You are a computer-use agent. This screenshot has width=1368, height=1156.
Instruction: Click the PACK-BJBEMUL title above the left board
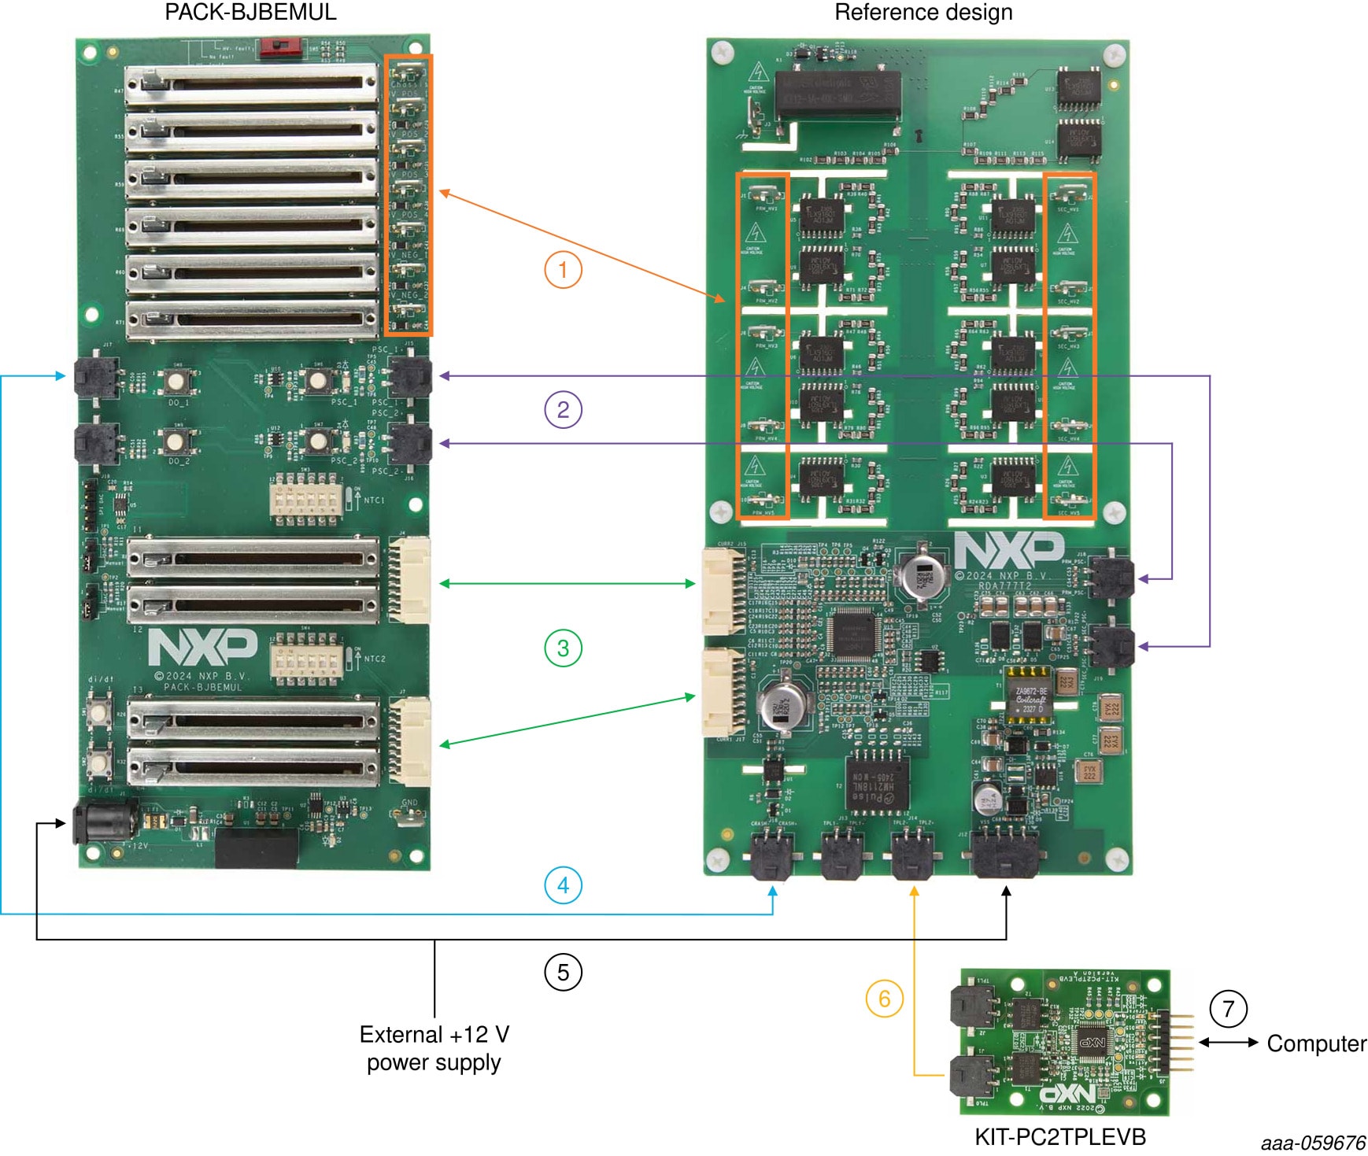[x=250, y=12]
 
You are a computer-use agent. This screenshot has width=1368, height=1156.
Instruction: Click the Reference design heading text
[x=922, y=12]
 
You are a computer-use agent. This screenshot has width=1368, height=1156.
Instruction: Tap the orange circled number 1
[x=563, y=270]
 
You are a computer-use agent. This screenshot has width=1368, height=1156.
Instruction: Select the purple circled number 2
[x=563, y=410]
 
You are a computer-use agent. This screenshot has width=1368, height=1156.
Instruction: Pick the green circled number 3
[x=563, y=648]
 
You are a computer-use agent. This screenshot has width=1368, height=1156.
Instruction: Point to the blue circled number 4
[x=563, y=885]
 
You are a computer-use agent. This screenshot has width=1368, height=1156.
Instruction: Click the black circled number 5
[x=563, y=973]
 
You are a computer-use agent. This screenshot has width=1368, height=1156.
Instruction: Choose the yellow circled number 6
[x=884, y=999]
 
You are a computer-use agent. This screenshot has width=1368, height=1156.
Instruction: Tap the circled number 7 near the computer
[x=1228, y=1009]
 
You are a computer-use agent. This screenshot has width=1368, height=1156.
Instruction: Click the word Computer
[x=1316, y=1043]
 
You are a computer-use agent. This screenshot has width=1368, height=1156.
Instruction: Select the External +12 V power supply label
[x=434, y=1048]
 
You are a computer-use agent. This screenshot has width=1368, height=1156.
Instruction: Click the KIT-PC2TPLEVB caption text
[x=1059, y=1137]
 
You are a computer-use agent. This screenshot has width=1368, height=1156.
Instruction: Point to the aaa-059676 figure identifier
[x=1313, y=1143]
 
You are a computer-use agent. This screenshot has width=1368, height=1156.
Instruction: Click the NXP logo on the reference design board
[x=1009, y=550]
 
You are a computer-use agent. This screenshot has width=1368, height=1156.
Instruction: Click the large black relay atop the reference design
[x=837, y=96]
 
